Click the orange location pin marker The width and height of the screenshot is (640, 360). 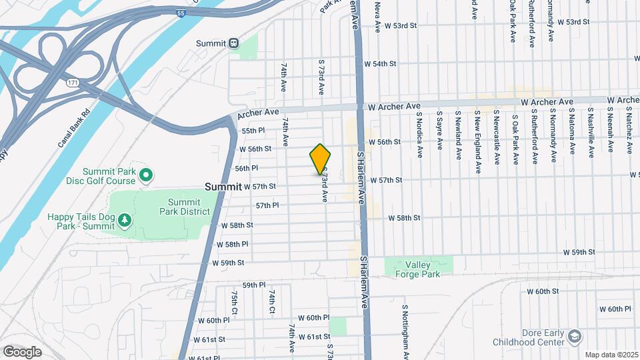[x=320, y=159]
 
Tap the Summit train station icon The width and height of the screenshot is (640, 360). [x=233, y=43]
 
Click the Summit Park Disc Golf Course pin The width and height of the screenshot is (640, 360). [x=145, y=175]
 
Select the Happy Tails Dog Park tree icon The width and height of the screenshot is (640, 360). [x=124, y=219]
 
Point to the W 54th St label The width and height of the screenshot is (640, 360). [x=380, y=64]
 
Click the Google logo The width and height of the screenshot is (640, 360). [x=22, y=351]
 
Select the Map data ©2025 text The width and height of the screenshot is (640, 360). [x=611, y=355]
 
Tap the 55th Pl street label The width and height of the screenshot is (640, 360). [x=253, y=131]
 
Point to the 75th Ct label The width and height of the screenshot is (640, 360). [x=235, y=303]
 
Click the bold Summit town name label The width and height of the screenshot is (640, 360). [x=223, y=187]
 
